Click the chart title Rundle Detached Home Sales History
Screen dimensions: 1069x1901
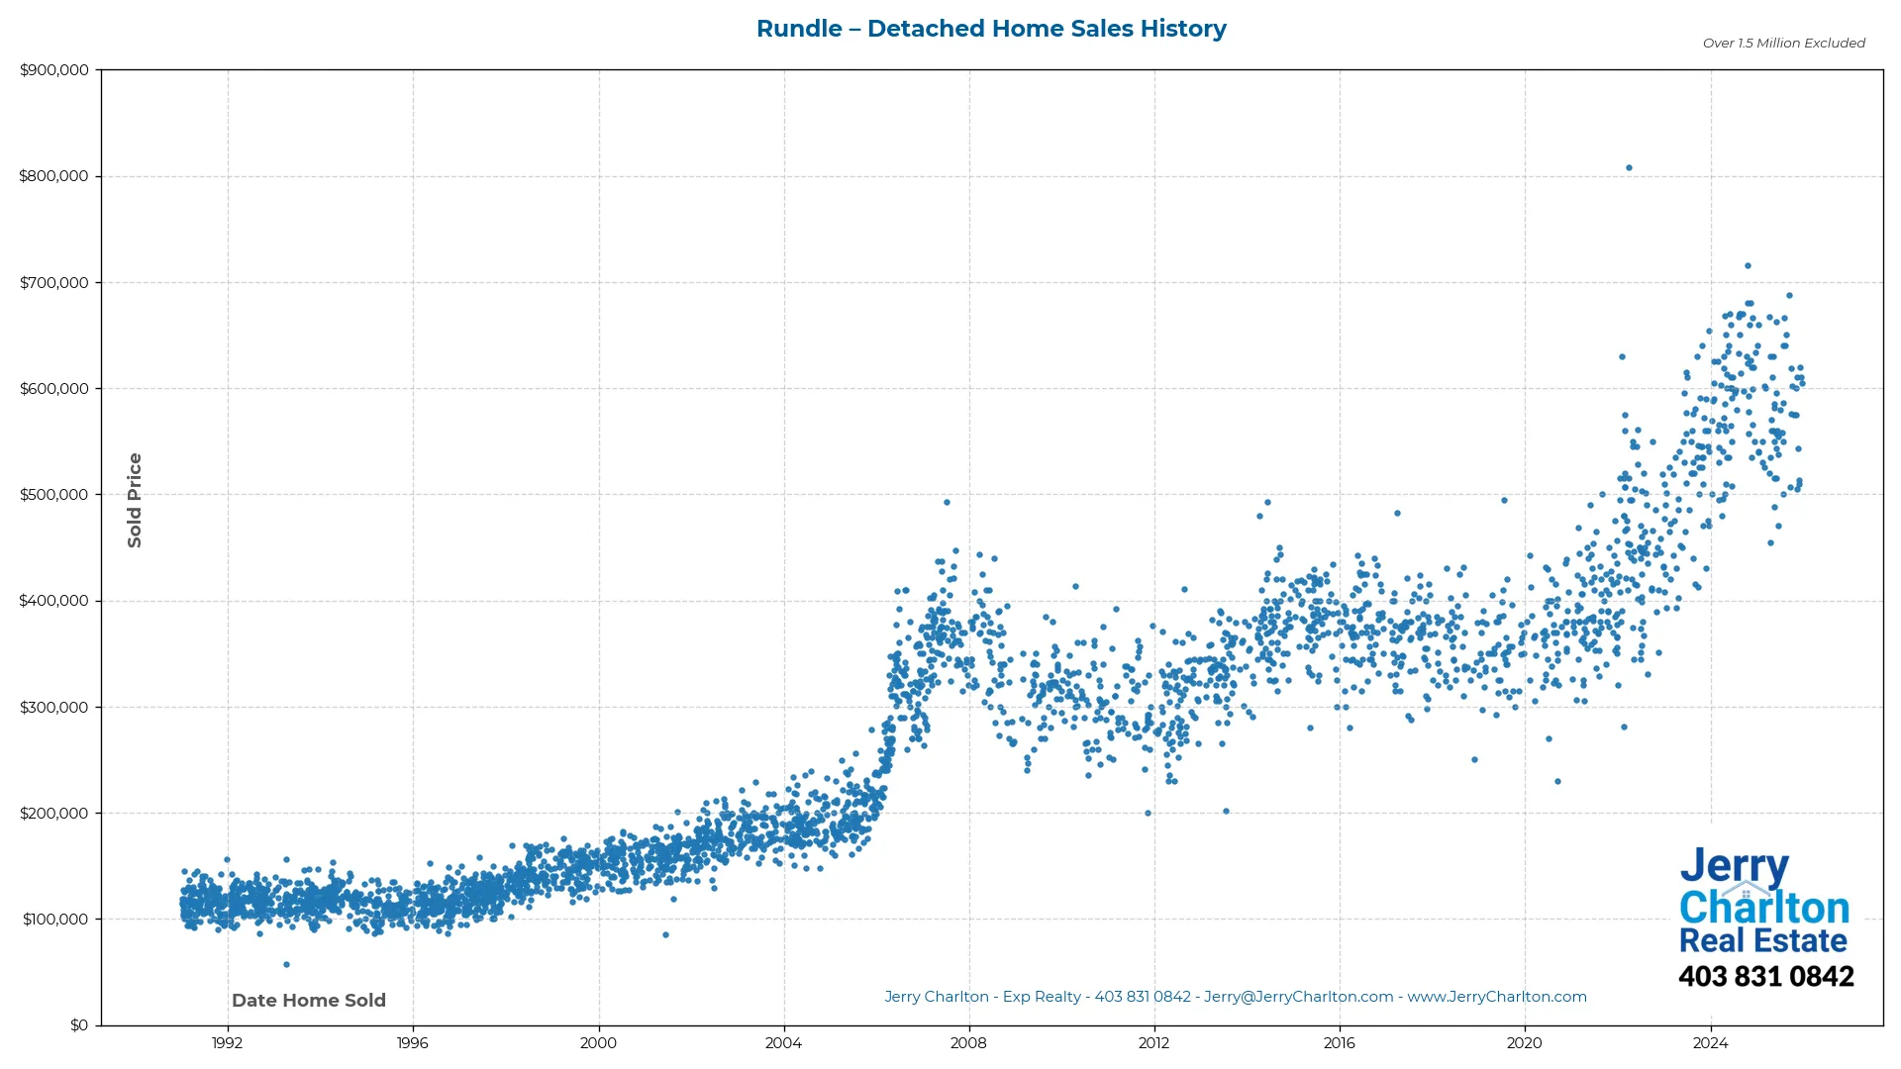(x=991, y=29)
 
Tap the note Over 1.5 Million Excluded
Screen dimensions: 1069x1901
(x=1783, y=44)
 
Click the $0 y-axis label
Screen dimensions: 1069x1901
(x=78, y=1025)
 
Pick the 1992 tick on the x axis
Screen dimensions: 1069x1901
(x=228, y=1042)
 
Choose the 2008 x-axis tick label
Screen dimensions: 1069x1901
(x=968, y=1042)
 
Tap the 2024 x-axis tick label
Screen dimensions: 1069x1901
(x=1710, y=1042)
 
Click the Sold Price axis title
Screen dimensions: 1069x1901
(x=135, y=500)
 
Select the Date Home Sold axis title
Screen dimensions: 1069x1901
(x=309, y=1001)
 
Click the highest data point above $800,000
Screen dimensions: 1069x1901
(x=1629, y=168)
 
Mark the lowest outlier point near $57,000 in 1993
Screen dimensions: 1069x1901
(x=286, y=964)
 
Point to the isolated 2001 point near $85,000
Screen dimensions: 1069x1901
(x=665, y=934)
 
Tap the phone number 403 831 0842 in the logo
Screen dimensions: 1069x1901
(x=1765, y=977)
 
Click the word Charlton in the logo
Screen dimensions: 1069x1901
(x=1763, y=908)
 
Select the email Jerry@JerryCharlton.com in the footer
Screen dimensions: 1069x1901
(x=1298, y=997)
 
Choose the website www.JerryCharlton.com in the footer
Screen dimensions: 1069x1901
(x=1497, y=997)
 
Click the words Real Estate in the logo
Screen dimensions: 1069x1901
(x=1762, y=940)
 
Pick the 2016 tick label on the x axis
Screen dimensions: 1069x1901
(x=1339, y=1042)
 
